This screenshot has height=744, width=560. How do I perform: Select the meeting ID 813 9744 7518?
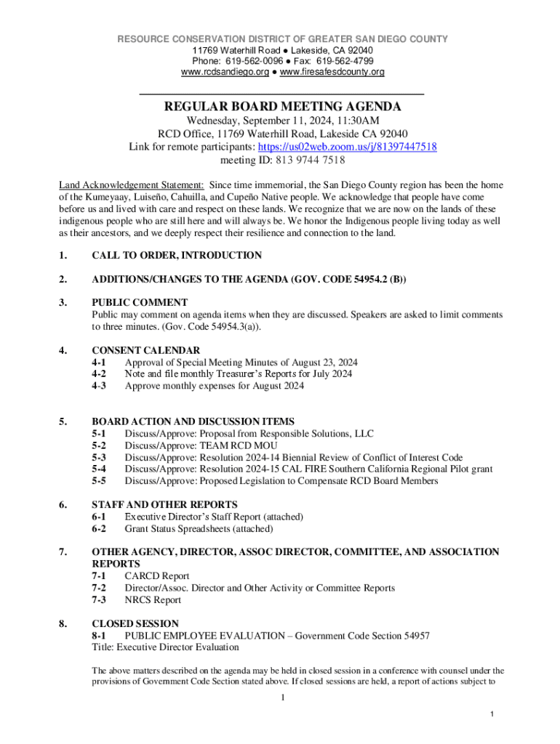tap(305, 160)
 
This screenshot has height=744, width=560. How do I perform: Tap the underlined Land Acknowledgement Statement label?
tap(131, 186)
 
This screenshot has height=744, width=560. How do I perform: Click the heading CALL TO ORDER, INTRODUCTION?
tap(177, 255)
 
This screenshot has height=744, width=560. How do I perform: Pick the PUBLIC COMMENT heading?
tap(140, 302)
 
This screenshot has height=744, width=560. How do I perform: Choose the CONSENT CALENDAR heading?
tap(145, 350)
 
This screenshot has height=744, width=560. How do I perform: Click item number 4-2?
tap(100, 374)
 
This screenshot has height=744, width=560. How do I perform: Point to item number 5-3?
tap(100, 457)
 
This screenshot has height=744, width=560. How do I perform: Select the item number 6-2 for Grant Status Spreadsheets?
tap(100, 528)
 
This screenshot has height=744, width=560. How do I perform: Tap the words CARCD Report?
tap(157, 576)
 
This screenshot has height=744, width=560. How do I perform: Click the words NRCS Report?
tap(153, 599)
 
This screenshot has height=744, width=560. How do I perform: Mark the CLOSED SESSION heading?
tap(135, 623)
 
